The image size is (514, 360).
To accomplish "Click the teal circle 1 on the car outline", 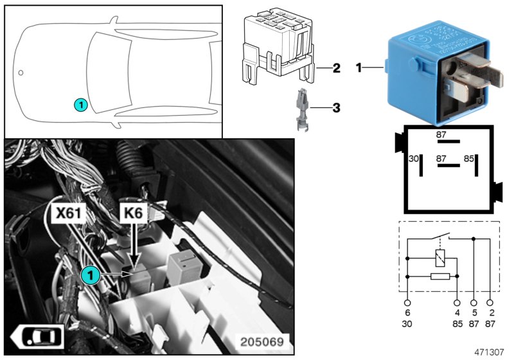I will tap(80, 104).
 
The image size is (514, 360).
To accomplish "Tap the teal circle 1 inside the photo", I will tap(91, 275).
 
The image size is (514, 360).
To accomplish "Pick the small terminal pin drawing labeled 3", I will tap(301, 110).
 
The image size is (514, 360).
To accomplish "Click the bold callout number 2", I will tap(336, 67).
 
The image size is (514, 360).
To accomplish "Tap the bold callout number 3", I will tap(336, 109).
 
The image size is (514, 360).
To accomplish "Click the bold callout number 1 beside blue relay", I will tap(360, 67).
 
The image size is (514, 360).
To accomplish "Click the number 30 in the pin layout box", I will tap(414, 157).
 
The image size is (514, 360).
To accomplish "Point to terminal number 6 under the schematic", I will tap(407, 312).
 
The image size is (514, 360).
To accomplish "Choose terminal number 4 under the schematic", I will tap(457, 312).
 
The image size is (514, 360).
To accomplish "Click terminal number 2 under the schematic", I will tap(492, 312).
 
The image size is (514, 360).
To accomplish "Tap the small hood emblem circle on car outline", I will tap(20, 73).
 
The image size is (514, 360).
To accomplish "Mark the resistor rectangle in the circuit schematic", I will tap(439, 276).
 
